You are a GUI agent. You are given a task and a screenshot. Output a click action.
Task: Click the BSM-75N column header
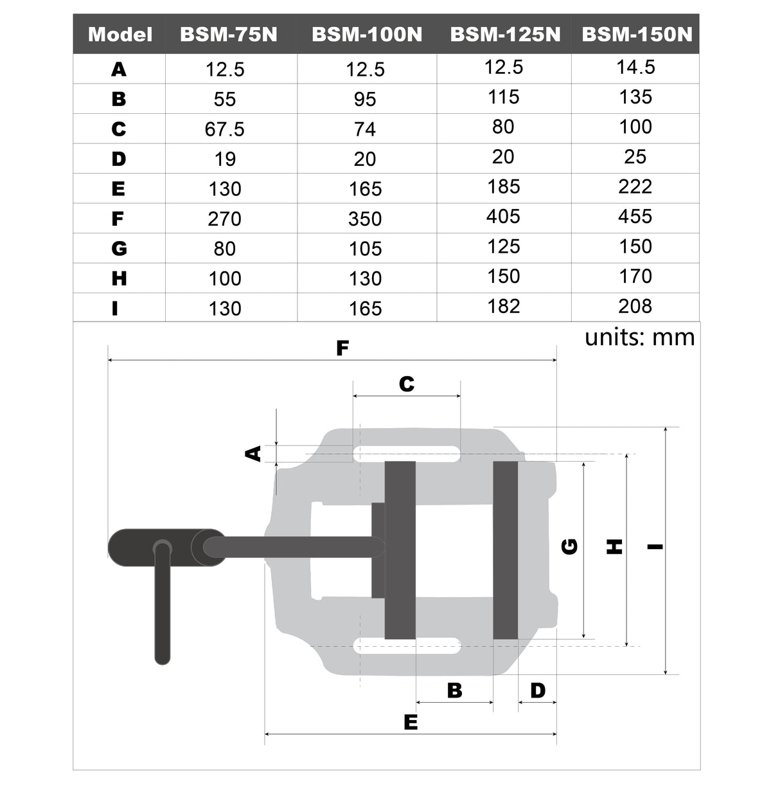click(x=228, y=34)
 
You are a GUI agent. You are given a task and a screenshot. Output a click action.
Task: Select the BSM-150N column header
click(x=637, y=34)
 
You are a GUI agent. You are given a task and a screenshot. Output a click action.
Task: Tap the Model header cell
click(x=120, y=34)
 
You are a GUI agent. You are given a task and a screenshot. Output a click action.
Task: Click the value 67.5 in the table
click(x=224, y=129)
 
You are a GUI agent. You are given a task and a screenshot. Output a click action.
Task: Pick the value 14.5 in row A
click(x=635, y=68)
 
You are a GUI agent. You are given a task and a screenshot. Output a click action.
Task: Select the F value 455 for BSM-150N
click(x=635, y=217)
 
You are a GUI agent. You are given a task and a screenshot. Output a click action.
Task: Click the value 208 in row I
click(x=635, y=306)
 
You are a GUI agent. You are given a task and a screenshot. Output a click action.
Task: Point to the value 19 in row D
click(x=225, y=159)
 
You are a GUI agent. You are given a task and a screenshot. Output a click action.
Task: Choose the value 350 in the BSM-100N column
click(x=365, y=219)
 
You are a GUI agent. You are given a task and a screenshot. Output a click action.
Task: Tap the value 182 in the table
click(x=503, y=306)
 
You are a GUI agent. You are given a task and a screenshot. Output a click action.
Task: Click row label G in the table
click(x=119, y=249)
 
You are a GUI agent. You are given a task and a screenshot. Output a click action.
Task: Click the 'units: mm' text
click(x=639, y=337)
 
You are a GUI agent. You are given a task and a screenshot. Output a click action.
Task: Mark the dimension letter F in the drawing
click(x=342, y=348)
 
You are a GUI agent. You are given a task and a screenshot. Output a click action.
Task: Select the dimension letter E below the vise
click(x=411, y=722)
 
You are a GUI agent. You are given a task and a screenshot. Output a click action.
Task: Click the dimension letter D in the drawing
click(x=538, y=690)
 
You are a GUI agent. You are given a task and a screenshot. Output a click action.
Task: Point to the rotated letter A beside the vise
click(x=254, y=453)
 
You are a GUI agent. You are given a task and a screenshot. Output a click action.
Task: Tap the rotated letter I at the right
click(x=655, y=547)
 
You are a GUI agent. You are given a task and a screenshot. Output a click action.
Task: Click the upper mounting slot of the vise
click(x=406, y=453)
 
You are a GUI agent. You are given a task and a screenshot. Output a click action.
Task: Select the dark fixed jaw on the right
click(x=506, y=550)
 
